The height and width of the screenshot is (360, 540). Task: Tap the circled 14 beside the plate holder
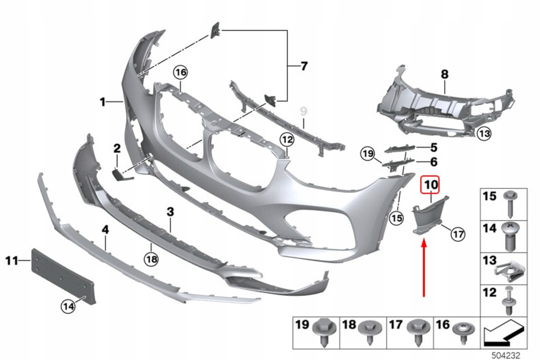click(68, 306)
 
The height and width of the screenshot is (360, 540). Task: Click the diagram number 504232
click(506, 355)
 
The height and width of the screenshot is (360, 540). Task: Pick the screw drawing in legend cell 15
click(509, 203)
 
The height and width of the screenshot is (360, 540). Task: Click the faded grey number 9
click(303, 111)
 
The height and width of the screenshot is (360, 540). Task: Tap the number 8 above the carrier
click(445, 74)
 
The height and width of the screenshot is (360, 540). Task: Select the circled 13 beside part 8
click(484, 133)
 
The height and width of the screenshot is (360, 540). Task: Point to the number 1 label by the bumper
click(103, 102)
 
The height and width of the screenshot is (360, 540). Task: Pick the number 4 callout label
click(105, 229)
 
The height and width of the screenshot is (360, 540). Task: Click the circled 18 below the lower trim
click(152, 259)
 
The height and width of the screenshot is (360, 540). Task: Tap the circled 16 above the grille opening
click(181, 73)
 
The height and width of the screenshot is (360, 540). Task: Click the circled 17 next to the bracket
click(458, 235)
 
